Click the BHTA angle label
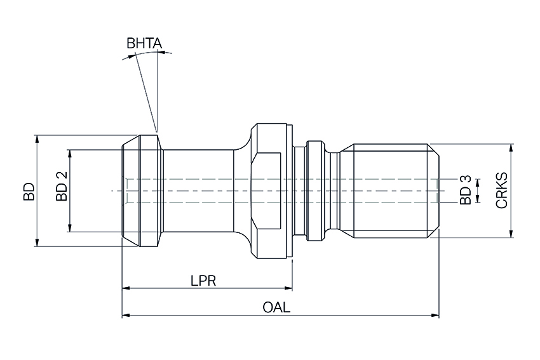coord(144,44)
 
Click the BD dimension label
coord(28,191)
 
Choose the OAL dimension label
coord(276,307)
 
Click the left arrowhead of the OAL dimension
coord(125,314)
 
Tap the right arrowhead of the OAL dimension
coord(436,314)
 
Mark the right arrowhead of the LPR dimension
coord(288,288)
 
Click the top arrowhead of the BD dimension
coord(37,138)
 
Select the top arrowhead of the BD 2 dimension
coord(70,153)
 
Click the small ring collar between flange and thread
coord(314,191)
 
